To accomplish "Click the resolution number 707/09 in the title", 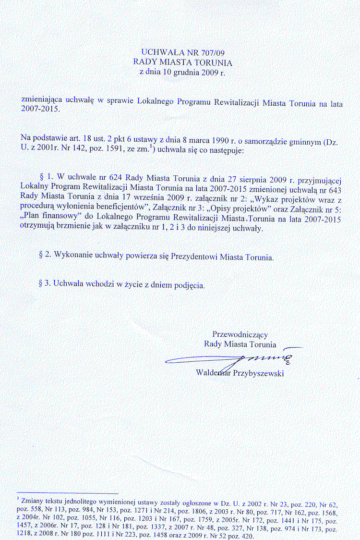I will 209,52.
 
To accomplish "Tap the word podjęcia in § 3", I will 191,284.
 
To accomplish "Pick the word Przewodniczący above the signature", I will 240,334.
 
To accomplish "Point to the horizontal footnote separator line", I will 67,493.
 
